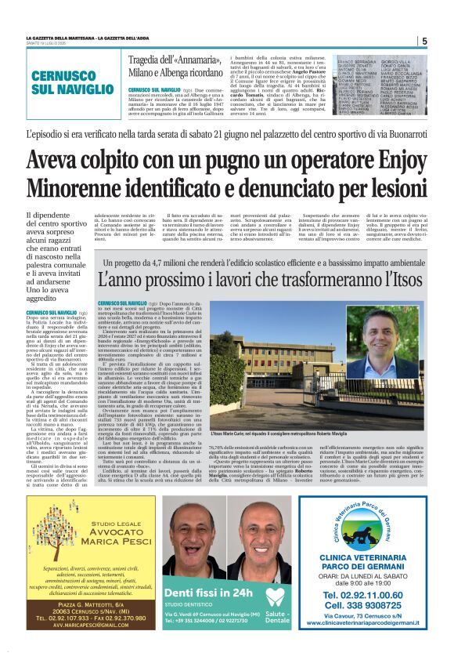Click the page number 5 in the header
pyautogui.click(x=423, y=41)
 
